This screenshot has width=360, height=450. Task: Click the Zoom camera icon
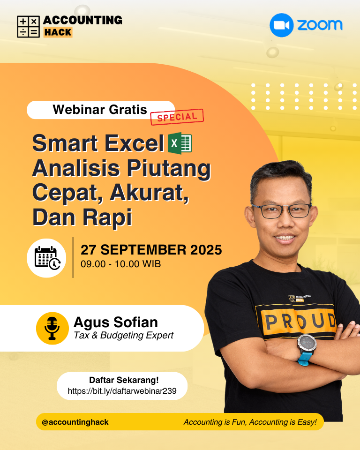[282, 25]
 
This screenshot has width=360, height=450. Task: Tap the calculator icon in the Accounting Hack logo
[29, 27]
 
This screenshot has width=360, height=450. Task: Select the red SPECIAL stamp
[177, 117]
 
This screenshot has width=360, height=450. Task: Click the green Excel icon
[180, 143]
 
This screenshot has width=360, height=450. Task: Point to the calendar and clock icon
[47, 258]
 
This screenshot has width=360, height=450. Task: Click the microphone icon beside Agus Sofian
[52, 328]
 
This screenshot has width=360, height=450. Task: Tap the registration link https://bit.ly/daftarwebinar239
[122, 391]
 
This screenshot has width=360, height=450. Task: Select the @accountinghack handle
[75, 422]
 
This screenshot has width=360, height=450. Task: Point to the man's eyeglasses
[282, 210]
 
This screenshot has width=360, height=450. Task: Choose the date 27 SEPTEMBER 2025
[151, 250]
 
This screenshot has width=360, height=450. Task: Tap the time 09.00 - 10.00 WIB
[120, 264]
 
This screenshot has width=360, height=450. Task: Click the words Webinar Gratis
[100, 110]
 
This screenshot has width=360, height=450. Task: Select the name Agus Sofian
[116, 322]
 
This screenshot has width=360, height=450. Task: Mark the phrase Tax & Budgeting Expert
[123, 335]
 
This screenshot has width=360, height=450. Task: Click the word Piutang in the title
[169, 169]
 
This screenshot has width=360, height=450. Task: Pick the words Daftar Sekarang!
[124, 380]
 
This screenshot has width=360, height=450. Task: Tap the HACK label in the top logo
[58, 32]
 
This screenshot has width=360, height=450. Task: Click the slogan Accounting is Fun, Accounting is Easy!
[250, 422]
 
